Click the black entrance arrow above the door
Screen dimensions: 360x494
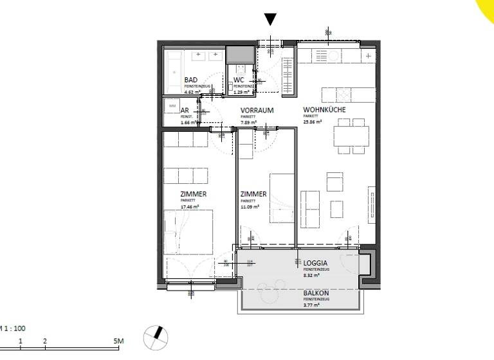[x=271, y=19]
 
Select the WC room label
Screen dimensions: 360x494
[x=239, y=80]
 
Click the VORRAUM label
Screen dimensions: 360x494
[x=257, y=111]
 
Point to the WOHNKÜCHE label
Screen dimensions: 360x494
[x=325, y=111]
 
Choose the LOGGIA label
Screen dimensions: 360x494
[x=316, y=263]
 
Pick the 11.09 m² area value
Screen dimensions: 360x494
[x=250, y=206]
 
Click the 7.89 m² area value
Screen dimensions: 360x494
[x=249, y=122]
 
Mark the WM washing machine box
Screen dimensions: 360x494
[x=172, y=105]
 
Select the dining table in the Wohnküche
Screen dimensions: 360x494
[x=351, y=136]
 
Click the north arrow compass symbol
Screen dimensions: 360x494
[x=156, y=336]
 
